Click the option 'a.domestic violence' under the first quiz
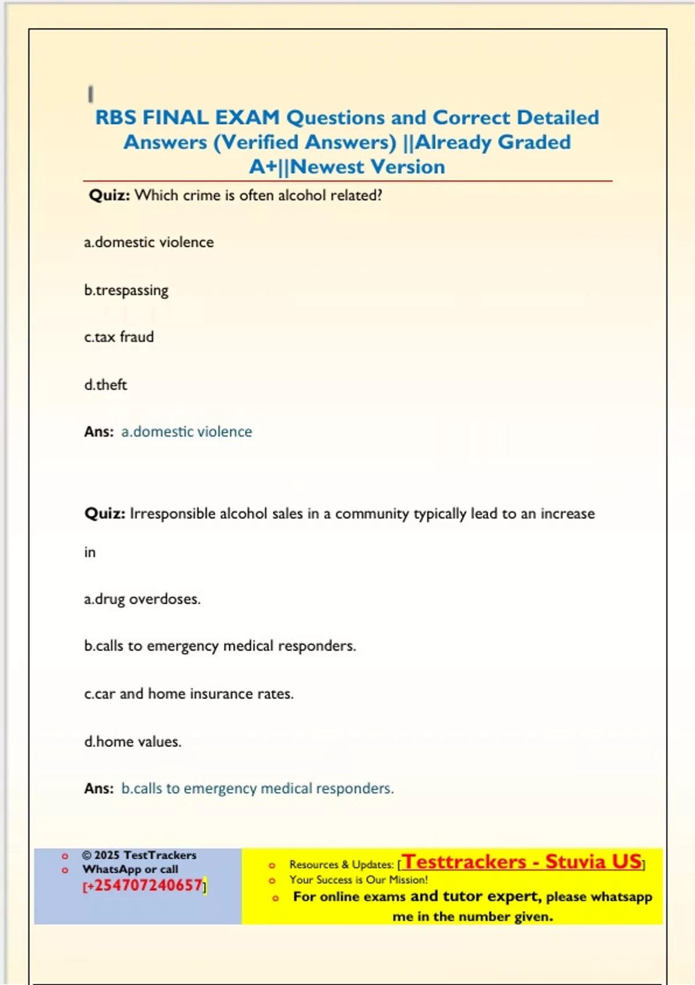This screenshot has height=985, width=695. point(149,242)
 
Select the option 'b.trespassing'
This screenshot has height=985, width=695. point(126,290)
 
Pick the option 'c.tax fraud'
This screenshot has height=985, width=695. point(119,337)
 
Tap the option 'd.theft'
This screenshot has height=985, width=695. point(105,385)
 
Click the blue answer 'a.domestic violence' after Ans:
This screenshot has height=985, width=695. point(186,432)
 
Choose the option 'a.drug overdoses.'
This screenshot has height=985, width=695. point(142,599)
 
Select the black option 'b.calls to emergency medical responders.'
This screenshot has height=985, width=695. point(220,646)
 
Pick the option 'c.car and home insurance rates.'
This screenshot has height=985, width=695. point(189,694)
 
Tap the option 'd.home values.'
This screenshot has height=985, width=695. point(133,742)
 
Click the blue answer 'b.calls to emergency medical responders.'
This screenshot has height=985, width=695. point(257,789)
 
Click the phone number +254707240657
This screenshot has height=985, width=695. point(145,885)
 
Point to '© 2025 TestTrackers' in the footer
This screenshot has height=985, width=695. point(139,855)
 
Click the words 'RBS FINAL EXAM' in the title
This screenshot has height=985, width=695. point(187,118)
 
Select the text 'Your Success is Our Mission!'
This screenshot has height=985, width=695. point(359,880)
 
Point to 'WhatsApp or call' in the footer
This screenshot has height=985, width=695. point(130,869)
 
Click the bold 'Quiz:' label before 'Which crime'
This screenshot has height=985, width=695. point(109,195)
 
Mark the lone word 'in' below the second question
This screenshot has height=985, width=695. point(90,552)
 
